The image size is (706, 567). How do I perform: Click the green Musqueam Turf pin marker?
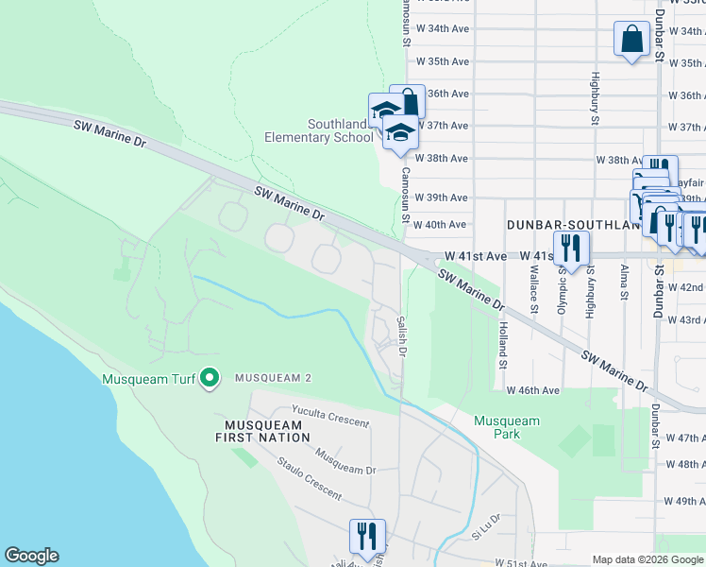[x=210, y=379]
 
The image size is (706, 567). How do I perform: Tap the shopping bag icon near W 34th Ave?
[x=630, y=40]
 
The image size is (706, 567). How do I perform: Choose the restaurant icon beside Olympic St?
[x=570, y=247]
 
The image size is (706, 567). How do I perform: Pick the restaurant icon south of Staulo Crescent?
[x=364, y=535]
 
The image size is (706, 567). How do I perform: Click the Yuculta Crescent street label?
[x=329, y=418]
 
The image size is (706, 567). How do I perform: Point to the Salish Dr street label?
[x=401, y=336]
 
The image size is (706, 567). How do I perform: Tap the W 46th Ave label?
[x=532, y=389]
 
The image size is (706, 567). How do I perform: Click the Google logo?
[x=31, y=556]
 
